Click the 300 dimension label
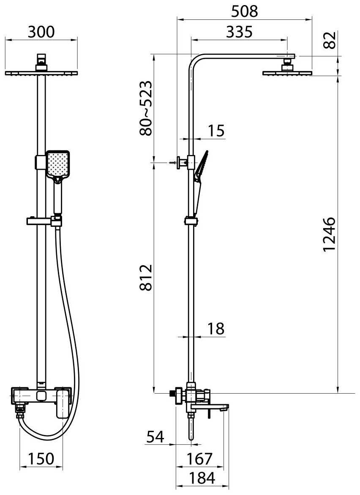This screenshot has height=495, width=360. click(41, 32)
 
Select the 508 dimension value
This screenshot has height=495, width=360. click(244, 12)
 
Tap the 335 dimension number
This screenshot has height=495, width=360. click(240, 32)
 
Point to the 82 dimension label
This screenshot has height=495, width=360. click(330, 40)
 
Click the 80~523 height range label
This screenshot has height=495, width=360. click(146, 108)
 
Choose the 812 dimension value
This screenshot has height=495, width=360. click(146, 277)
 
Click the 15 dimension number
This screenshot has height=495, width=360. click(216, 131)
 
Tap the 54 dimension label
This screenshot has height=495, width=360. click(155, 437)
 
